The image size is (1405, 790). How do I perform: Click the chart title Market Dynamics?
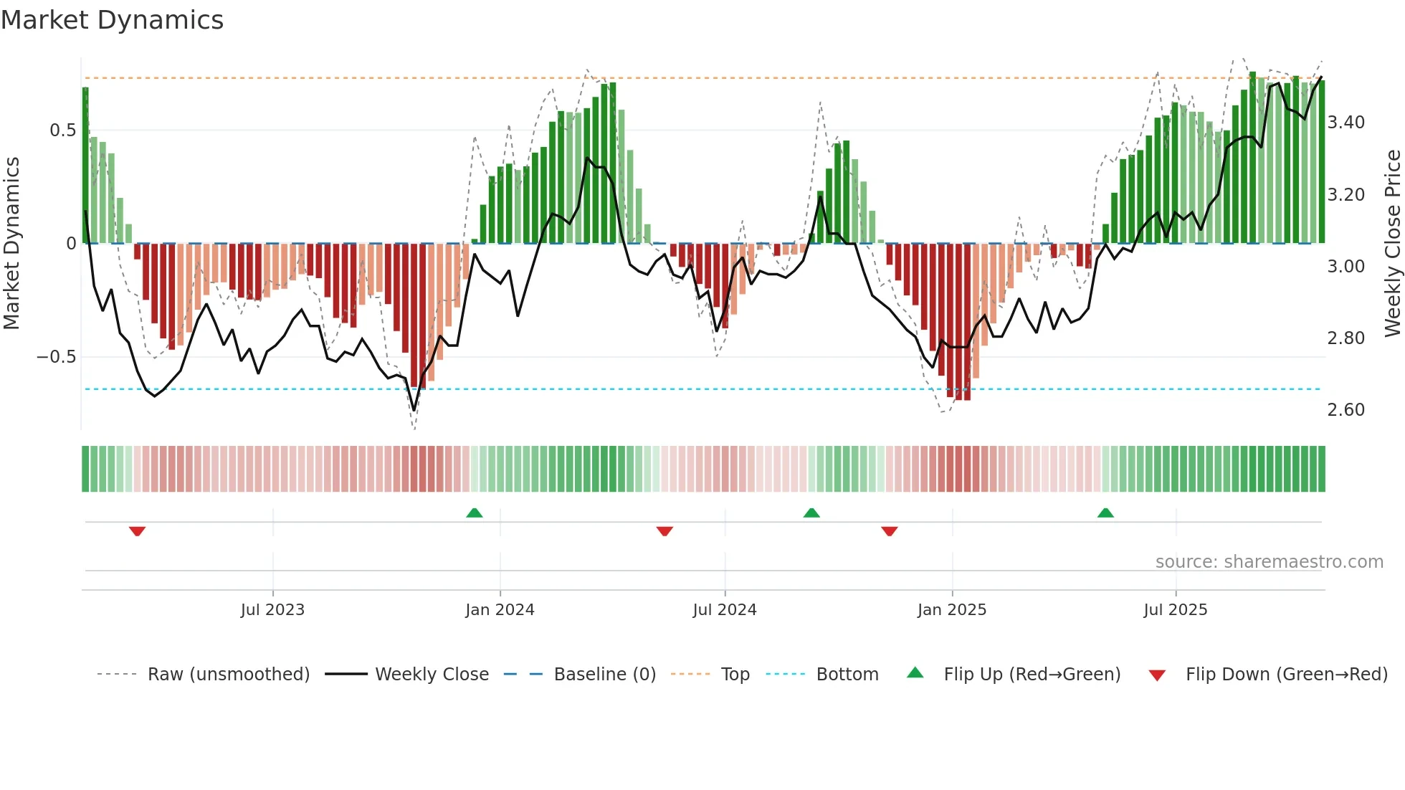pyautogui.click(x=112, y=20)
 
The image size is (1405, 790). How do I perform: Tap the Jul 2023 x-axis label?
pyautogui.click(x=272, y=609)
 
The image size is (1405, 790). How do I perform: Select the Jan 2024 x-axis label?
pyautogui.click(x=500, y=609)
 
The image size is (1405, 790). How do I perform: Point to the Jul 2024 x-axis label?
pyautogui.click(x=724, y=609)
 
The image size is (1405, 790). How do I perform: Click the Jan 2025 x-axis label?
pyautogui.click(x=951, y=609)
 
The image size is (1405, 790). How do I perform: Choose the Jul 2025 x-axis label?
pyautogui.click(x=1175, y=609)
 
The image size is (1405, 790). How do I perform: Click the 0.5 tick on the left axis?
pyautogui.click(x=63, y=130)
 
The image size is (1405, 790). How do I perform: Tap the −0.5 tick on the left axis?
pyautogui.click(x=57, y=356)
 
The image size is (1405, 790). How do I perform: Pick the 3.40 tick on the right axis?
pyautogui.click(x=1346, y=123)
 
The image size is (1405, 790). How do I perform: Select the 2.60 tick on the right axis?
pyautogui.click(x=1346, y=409)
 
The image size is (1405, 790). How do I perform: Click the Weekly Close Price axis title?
pyautogui.click(x=1392, y=244)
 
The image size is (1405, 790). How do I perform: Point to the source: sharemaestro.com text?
pyautogui.click(x=1269, y=561)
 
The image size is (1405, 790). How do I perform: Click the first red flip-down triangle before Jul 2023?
pyautogui.click(x=137, y=531)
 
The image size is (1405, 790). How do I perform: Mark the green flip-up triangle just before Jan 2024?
pyautogui.click(x=474, y=513)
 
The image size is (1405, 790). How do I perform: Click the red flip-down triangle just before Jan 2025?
pyautogui.click(x=889, y=531)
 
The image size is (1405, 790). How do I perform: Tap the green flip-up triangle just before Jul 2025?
pyautogui.click(x=1105, y=513)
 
